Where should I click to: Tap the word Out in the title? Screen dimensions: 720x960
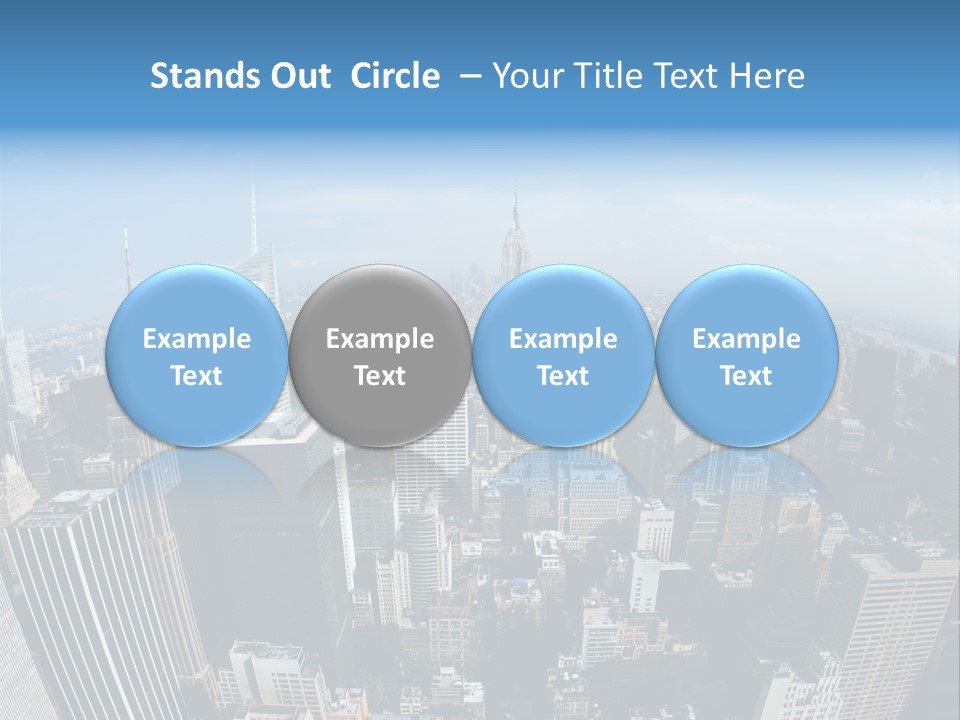click(x=298, y=76)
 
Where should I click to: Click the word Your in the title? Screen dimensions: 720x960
click(x=529, y=76)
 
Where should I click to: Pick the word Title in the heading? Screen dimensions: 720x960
click(x=609, y=76)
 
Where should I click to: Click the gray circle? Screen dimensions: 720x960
click(x=380, y=356)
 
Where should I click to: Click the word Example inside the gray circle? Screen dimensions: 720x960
click(x=380, y=339)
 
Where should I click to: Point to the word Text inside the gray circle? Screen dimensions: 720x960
click(x=380, y=376)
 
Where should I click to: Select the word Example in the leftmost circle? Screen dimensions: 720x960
click(x=196, y=339)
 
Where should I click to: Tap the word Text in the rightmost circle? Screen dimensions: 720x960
click(x=746, y=376)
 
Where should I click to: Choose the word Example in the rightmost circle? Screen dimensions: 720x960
click(x=746, y=339)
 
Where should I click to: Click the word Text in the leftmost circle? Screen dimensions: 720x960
click(x=196, y=376)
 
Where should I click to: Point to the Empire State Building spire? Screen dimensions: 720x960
click(x=516, y=215)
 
